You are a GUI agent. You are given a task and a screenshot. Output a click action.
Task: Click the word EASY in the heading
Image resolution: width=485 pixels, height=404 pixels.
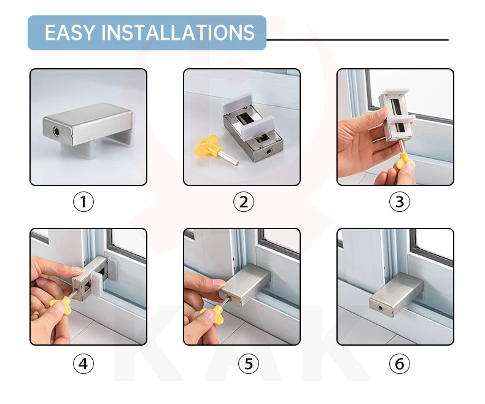69,33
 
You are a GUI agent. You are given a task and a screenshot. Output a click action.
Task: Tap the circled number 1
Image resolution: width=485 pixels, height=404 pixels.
83,201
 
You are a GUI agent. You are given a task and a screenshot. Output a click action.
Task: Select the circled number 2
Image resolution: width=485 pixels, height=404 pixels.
244,201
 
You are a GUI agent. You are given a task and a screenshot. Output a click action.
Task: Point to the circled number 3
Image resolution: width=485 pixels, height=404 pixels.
399,201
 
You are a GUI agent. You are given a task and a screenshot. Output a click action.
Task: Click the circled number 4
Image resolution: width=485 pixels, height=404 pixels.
83,363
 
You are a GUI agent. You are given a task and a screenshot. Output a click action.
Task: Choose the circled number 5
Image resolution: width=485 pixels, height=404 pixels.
249,363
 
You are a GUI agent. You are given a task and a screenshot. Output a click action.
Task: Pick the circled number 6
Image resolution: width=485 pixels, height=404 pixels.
399,363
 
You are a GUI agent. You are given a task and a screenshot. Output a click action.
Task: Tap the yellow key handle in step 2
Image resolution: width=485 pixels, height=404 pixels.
206,146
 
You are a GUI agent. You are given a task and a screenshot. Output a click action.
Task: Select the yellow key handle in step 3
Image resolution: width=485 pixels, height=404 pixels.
402,161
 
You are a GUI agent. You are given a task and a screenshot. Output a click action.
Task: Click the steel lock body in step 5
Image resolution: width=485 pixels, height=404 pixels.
244,285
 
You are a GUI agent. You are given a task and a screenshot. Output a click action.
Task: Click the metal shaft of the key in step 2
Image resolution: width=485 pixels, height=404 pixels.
228,157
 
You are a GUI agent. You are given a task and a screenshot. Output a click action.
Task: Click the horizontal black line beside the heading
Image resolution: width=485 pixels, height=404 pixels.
357,40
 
